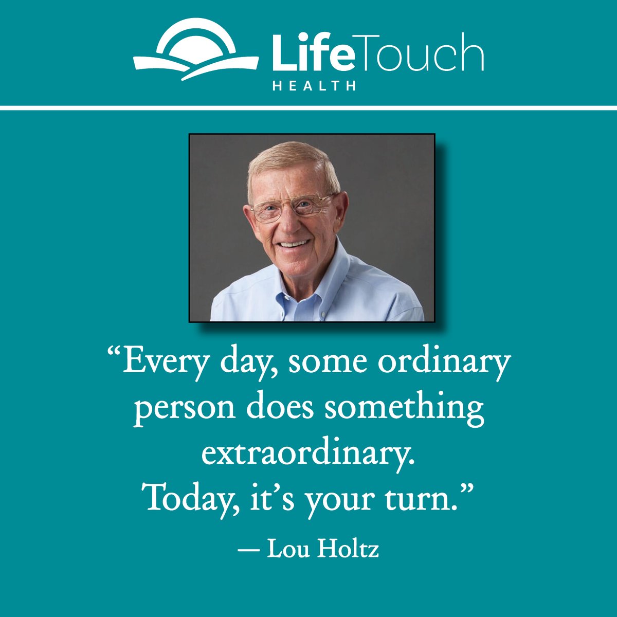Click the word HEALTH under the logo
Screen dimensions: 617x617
(x=314, y=86)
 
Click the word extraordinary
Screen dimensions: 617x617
(x=307, y=453)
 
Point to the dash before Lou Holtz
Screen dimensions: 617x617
(x=248, y=550)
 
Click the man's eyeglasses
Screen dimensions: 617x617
(x=291, y=209)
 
